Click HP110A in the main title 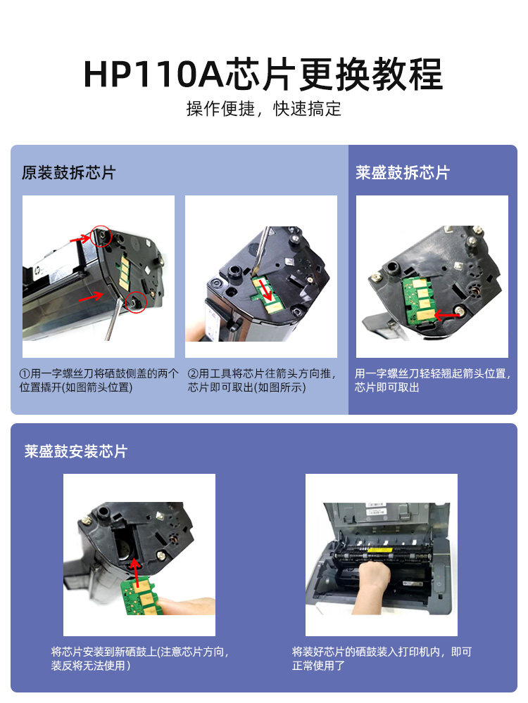pyautogui.click(x=153, y=74)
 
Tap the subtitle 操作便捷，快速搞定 pyautogui.click(x=263, y=109)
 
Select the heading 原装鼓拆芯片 pyautogui.click(x=69, y=173)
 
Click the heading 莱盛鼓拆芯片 pyautogui.click(x=403, y=173)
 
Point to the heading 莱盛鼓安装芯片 pyautogui.click(x=76, y=451)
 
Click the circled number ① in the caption pyautogui.click(x=25, y=373)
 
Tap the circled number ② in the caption pyautogui.click(x=193, y=373)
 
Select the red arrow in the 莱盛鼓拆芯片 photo pyautogui.click(x=446, y=315)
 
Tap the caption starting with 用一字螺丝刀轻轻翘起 pyautogui.click(x=432, y=380)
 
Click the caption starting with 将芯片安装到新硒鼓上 pyautogui.click(x=139, y=658)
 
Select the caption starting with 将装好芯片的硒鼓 pyautogui.click(x=382, y=658)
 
